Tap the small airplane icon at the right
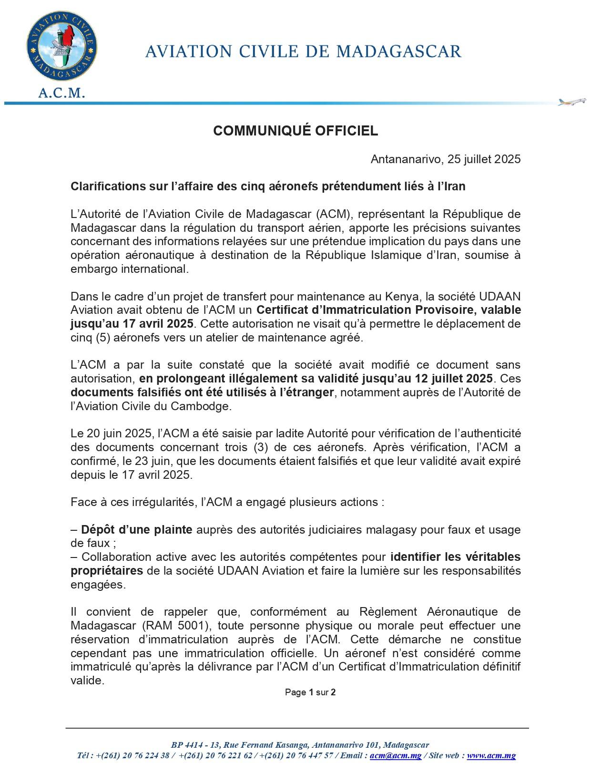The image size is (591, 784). tap(571, 102)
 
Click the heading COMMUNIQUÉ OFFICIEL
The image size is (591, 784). tap(295, 131)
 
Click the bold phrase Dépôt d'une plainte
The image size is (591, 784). tap(137, 530)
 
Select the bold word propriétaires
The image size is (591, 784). tap(107, 571)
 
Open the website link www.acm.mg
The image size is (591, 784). tap(491, 756)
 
